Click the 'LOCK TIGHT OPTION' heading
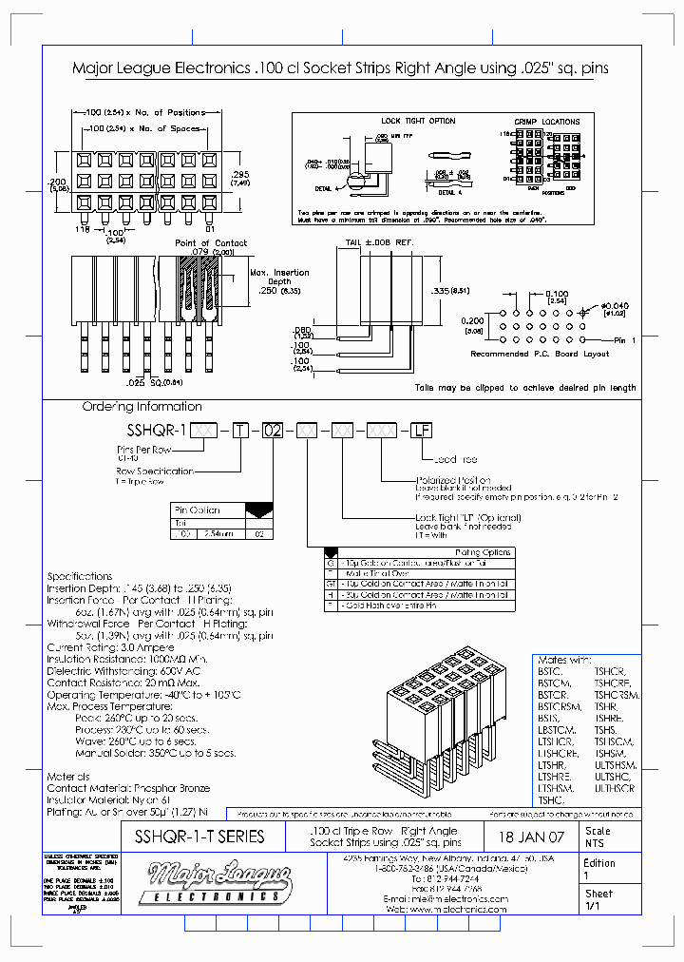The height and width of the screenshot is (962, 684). click(418, 122)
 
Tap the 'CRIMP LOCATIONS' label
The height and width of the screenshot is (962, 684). click(547, 122)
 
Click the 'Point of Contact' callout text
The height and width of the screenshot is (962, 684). click(211, 243)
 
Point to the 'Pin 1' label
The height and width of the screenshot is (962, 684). click(624, 339)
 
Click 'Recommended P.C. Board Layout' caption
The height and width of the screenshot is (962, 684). click(540, 354)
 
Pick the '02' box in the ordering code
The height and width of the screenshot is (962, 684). click(273, 431)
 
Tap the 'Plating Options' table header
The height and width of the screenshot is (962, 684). click(483, 552)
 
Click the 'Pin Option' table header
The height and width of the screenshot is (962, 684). click(198, 510)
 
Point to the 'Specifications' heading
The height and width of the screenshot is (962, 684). click(80, 576)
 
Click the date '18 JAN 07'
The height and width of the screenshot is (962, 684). click(530, 837)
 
